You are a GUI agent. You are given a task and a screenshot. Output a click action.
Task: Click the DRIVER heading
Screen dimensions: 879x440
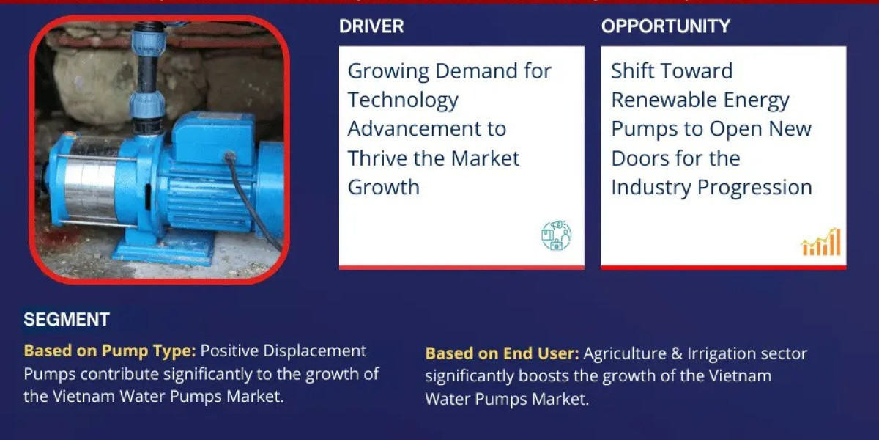click(371, 26)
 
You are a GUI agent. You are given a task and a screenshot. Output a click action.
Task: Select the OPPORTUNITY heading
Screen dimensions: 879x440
click(666, 26)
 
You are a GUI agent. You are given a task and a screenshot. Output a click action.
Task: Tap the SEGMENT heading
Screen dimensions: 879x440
click(67, 320)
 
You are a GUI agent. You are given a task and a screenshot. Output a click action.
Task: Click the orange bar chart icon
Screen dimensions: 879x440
click(821, 242)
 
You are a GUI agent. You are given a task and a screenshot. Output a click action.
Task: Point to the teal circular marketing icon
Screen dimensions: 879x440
click(557, 235)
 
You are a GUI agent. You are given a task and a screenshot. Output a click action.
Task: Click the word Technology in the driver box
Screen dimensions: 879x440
click(403, 100)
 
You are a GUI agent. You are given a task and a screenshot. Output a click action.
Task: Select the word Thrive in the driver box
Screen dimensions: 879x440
click(377, 158)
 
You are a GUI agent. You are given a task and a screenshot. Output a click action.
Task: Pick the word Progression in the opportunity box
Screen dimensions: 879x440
click(754, 188)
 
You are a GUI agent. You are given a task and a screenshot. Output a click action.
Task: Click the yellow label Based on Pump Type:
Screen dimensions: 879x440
click(110, 351)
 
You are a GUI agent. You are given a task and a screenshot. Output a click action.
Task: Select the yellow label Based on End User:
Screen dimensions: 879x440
click(502, 353)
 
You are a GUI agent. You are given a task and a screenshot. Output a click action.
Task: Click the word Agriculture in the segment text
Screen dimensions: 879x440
click(625, 353)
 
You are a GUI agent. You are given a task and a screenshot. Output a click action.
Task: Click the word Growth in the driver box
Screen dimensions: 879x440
click(383, 188)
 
